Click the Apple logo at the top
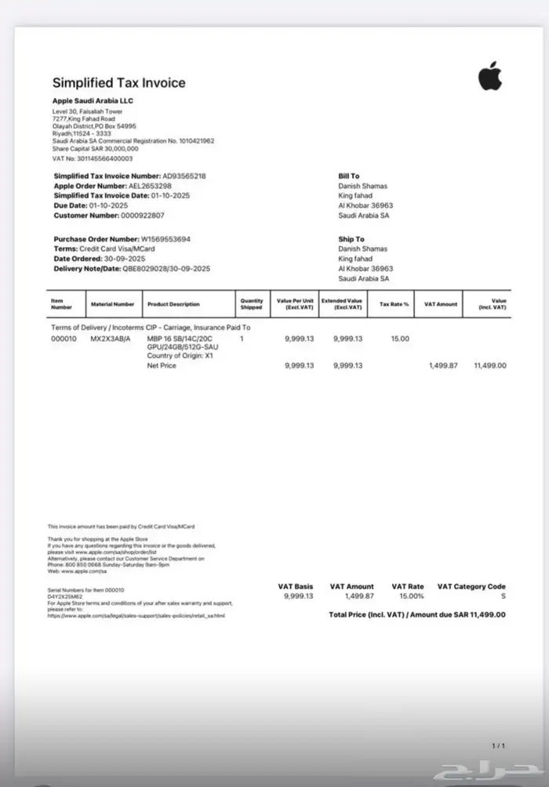point(490,78)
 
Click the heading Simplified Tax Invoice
point(118,83)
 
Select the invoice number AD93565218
point(184,176)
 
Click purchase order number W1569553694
point(165,239)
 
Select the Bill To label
point(349,176)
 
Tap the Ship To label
point(351,239)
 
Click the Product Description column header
point(173,304)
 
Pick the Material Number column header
point(112,304)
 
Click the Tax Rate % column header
point(394,304)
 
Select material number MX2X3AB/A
point(111,339)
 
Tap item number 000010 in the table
point(64,339)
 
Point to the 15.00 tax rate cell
point(400,339)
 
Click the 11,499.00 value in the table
point(489,365)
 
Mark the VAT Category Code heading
point(471,586)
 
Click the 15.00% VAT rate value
point(408,596)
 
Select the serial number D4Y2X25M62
point(65,597)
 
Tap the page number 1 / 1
point(498,745)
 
